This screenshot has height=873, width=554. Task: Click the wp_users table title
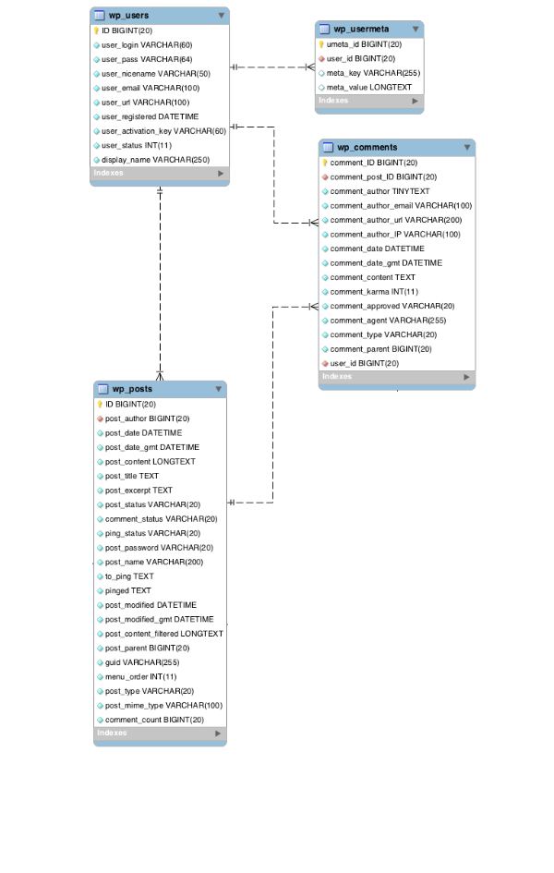[130, 16]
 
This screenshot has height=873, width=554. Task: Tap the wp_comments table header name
[367, 147]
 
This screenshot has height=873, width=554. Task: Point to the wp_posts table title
[133, 389]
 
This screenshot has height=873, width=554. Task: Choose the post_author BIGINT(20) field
[148, 418]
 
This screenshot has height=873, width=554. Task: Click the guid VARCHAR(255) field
[142, 662]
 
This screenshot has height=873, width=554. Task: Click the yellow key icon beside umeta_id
[321, 43]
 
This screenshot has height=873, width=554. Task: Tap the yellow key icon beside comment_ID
[325, 163]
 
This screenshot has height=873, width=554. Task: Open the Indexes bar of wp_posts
[160, 734]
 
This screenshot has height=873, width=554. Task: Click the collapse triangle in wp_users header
[221, 16]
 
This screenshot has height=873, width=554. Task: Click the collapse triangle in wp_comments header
[466, 147]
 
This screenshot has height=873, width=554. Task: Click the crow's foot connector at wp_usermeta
[310, 67]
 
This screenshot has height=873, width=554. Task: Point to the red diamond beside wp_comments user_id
[325, 364]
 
